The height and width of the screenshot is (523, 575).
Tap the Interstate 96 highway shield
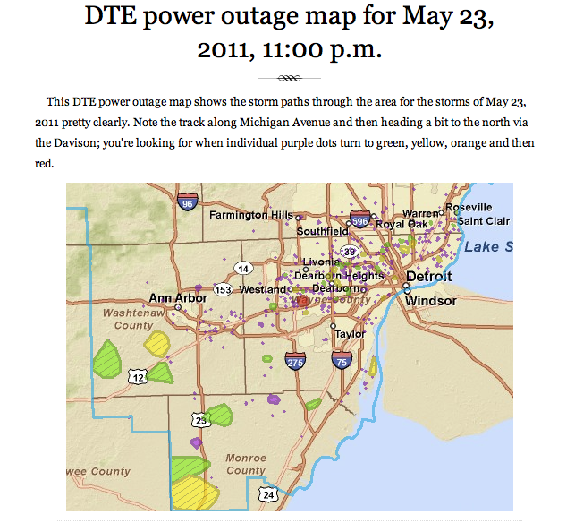pyautogui.click(x=187, y=202)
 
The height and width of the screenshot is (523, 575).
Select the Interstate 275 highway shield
pyautogui.click(x=295, y=362)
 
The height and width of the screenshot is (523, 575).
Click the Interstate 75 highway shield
pyautogui.click(x=341, y=361)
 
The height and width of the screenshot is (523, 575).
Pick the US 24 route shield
pyautogui.click(x=268, y=493)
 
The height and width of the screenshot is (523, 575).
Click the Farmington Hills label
pyautogui.click(x=251, y=215)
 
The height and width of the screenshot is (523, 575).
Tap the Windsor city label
pyautogui.click(x=431, y=302)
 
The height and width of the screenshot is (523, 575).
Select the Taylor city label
pyautogui.click(x=350, y=333)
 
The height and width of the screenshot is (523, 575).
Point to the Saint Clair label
pyautogui.click(x=483, y=221)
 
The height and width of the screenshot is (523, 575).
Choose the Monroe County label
pyautogui.click(x=246, y=464)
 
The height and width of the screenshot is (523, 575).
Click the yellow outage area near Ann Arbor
pyautogui.click(x=157, y=343)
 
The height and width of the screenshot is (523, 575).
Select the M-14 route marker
pyautogui.click(x=242, y=268)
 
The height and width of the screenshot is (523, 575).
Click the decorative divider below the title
pyautogui.click(x=287, y=77)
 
